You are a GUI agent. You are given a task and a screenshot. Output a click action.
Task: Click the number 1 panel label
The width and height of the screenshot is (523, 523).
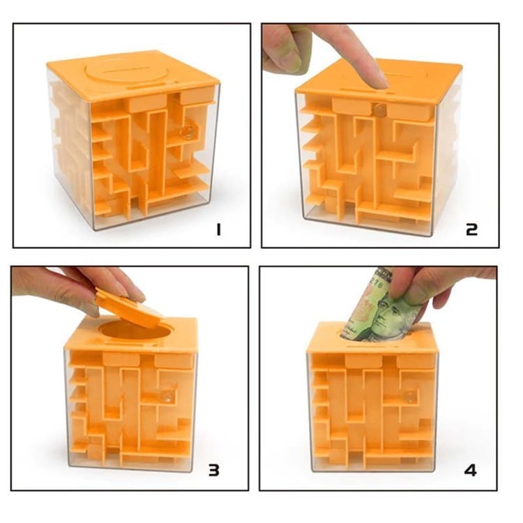[218, 229]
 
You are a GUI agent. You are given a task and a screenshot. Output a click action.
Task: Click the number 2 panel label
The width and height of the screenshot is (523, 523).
[471, 229]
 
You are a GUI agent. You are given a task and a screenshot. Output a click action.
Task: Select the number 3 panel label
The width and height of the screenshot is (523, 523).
[214, 470]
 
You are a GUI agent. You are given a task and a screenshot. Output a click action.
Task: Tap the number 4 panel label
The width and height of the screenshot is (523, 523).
[470, 470]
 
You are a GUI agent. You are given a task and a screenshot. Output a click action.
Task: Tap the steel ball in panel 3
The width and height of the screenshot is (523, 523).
[166, 396]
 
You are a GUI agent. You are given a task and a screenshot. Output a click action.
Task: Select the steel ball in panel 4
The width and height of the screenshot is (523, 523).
[409, 396]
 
